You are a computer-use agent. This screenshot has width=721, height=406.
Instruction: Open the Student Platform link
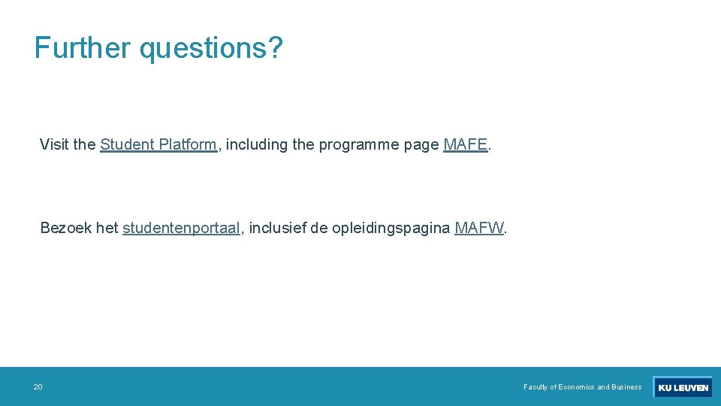158,144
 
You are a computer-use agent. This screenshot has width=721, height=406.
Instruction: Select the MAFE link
466,144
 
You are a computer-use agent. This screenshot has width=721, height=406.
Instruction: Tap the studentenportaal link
181,228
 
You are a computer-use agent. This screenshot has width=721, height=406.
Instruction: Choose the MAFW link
479,228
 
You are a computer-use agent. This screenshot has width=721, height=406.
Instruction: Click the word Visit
54,144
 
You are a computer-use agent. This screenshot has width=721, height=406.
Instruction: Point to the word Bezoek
66,228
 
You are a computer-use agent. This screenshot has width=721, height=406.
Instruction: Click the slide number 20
38,387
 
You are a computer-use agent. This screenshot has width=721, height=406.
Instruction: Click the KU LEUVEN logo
683,387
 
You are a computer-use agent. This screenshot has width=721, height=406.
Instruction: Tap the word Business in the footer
626,387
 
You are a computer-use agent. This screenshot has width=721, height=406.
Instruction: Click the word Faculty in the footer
536,387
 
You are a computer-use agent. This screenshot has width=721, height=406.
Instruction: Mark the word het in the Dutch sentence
107,228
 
